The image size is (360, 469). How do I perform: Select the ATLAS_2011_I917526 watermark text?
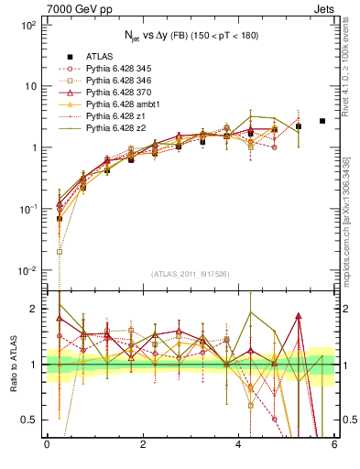[190, 273]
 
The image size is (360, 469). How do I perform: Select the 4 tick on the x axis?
[238, 444]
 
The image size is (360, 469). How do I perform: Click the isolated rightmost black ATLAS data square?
[322, 121]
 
